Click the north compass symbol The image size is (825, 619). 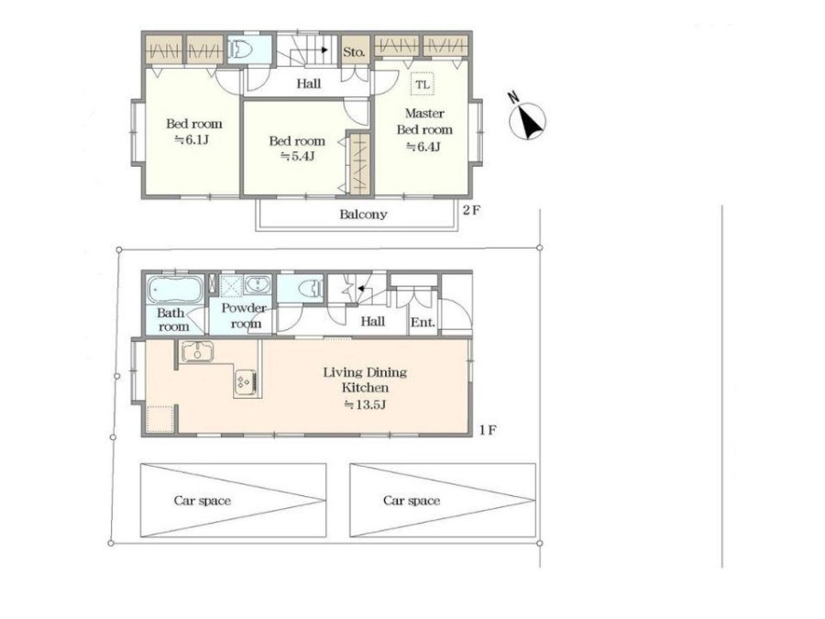tap(528, 120)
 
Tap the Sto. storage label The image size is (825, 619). tap(354, 52)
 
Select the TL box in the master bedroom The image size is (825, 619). tap(423, 84)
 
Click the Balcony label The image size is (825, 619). tap(363, 215)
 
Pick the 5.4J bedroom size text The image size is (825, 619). tap(298, 156)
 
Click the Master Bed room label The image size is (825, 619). tap(424, 121)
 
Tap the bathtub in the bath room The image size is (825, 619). tap(175, 290)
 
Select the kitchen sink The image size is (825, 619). tap(197, 351)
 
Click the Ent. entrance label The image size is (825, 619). tap(423, 322)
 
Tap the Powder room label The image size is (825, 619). tap(244, 315)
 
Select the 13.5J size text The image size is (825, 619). tap(365, 404)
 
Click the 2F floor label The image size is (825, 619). tap(471, 211)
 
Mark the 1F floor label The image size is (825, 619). tap(488, 430)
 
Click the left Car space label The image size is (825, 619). tap(203, 500)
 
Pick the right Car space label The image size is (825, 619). tap(412, 500)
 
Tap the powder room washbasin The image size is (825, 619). tap(258, 285)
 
